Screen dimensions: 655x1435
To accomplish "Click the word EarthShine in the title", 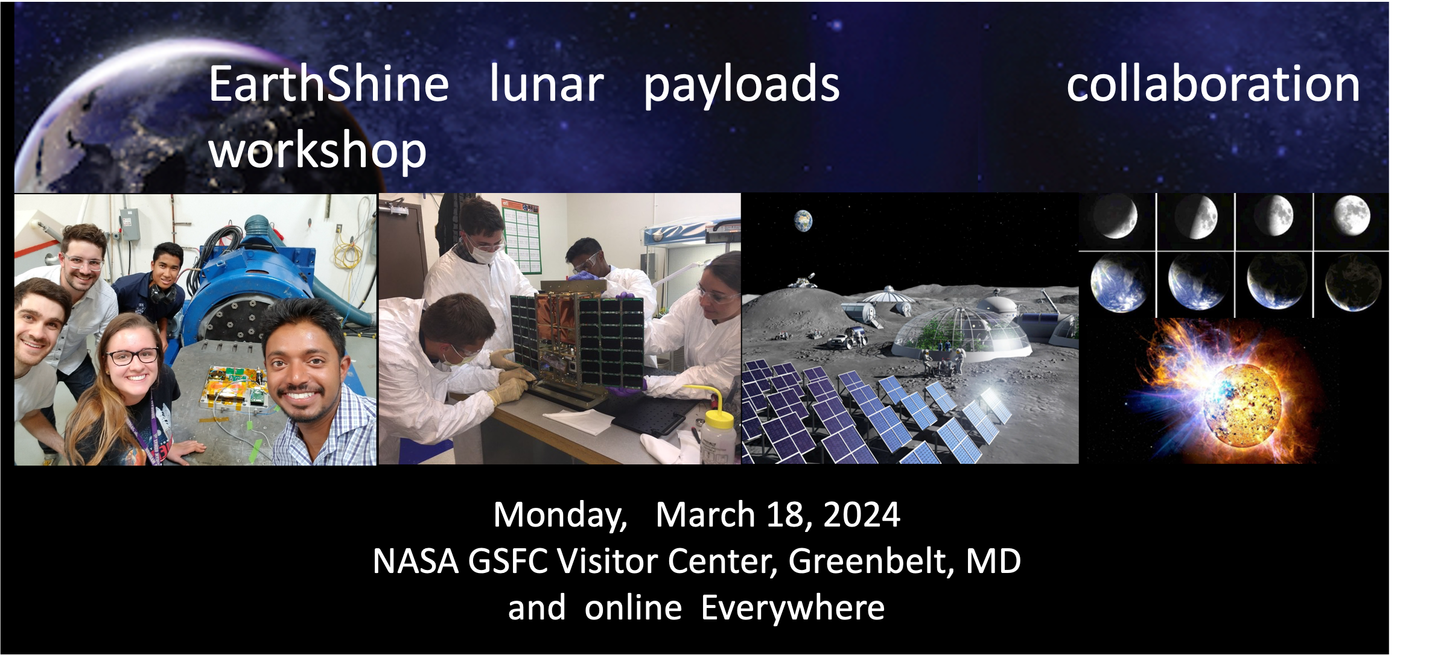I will click(x=328, y=84).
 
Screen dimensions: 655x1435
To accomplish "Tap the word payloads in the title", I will click(x=741, y=86).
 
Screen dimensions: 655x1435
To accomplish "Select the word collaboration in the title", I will click(x=1212, y=84).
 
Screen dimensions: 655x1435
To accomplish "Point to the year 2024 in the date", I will click(x=861, y=515).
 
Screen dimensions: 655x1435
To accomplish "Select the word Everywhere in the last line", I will click(x=792, y=607).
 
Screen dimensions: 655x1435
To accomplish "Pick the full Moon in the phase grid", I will click(x=1351, y=215).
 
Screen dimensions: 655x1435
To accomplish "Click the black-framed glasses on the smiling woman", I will click(x=132, y=356).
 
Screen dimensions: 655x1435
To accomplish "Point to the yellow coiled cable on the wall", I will click(x=349, y=253).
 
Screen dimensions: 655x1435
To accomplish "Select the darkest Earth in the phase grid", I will click(x=1352, y=282).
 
